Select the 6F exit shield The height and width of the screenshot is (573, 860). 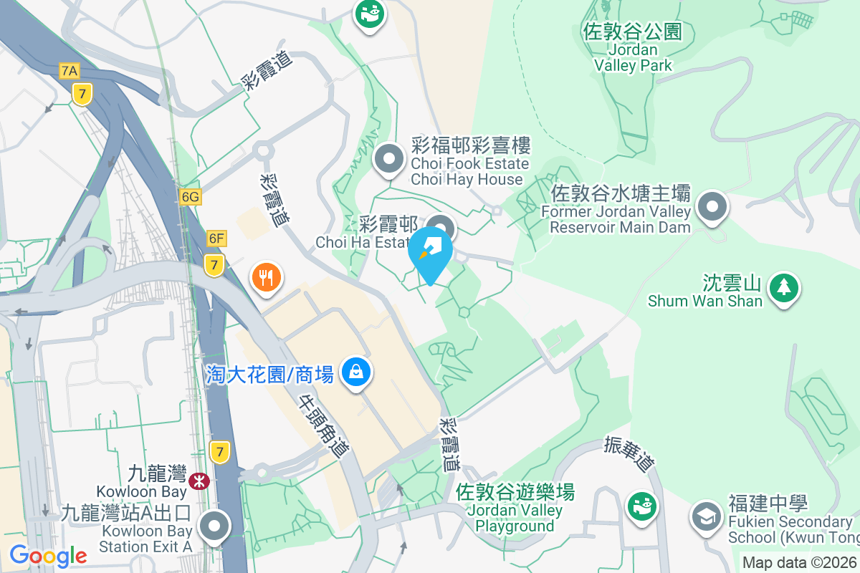(x=216, y=238)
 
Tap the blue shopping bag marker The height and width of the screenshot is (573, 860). (x=355, y=372)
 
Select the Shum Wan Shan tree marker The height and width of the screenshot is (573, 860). (x=785, y=287)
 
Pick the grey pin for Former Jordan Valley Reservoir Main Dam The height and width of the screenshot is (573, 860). (x=712, y=207)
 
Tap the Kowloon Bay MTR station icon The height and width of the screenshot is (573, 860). (x=199, y=481)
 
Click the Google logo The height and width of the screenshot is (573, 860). (x=48, y=556)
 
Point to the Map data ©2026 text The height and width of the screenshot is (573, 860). (x=798, y=563)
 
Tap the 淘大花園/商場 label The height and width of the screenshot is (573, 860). (x=269, y=374)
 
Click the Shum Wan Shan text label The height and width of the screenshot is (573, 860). (x=704, y=301)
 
